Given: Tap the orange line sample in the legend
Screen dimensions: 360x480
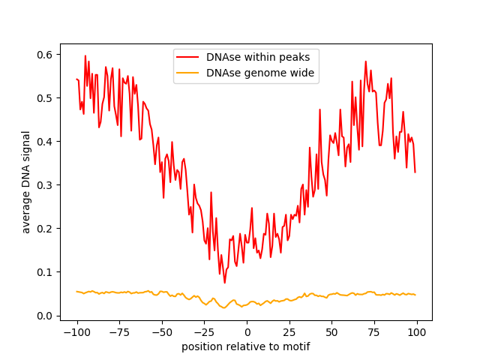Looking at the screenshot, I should point(187,73).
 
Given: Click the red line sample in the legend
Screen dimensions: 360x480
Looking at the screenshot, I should point(187,57).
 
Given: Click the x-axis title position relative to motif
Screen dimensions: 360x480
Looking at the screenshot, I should point(246,347).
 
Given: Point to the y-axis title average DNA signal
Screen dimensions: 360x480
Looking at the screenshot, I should point(26,182).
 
